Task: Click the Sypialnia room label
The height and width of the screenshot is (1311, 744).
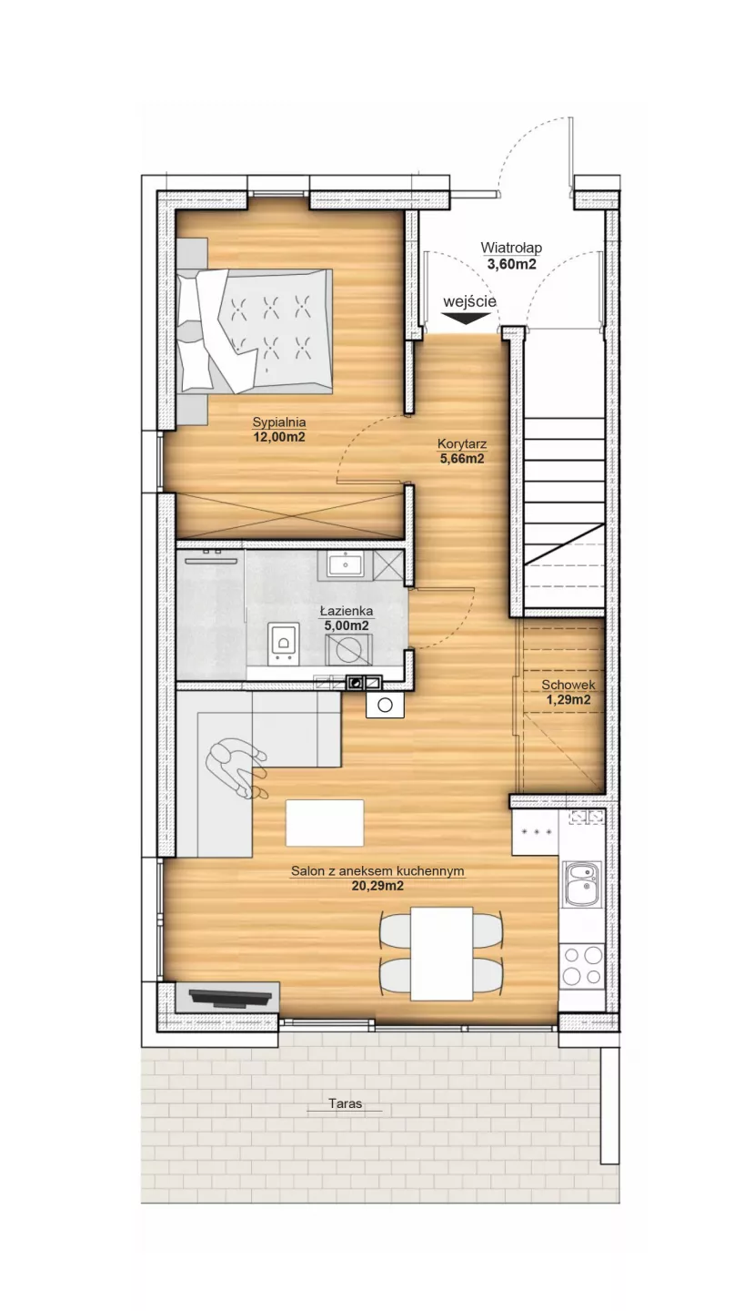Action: [279, 422]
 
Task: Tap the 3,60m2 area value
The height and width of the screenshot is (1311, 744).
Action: [511, 264]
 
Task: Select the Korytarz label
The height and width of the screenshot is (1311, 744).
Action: [462, 443]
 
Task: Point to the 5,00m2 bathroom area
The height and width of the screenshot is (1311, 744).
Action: [347, 625]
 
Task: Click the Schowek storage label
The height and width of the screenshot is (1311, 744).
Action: [568, 685]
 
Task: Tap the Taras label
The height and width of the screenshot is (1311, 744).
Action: [345, 1103]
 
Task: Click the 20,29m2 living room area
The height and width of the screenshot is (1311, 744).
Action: [377, 886]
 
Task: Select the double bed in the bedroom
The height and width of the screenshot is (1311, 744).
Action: [255, 330]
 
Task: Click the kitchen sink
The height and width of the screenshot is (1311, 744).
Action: [583, 884]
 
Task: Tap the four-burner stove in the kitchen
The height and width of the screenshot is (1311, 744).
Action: [583, 966]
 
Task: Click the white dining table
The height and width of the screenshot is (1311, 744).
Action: [442, 954]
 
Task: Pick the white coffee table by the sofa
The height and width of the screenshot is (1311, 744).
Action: [325, 822]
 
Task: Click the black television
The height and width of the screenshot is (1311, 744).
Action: [229, 997]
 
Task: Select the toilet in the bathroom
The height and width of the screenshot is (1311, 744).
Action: [284, 643]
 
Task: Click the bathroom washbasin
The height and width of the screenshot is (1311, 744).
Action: [345, 564]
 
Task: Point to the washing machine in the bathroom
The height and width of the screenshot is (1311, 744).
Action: [348, 649]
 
